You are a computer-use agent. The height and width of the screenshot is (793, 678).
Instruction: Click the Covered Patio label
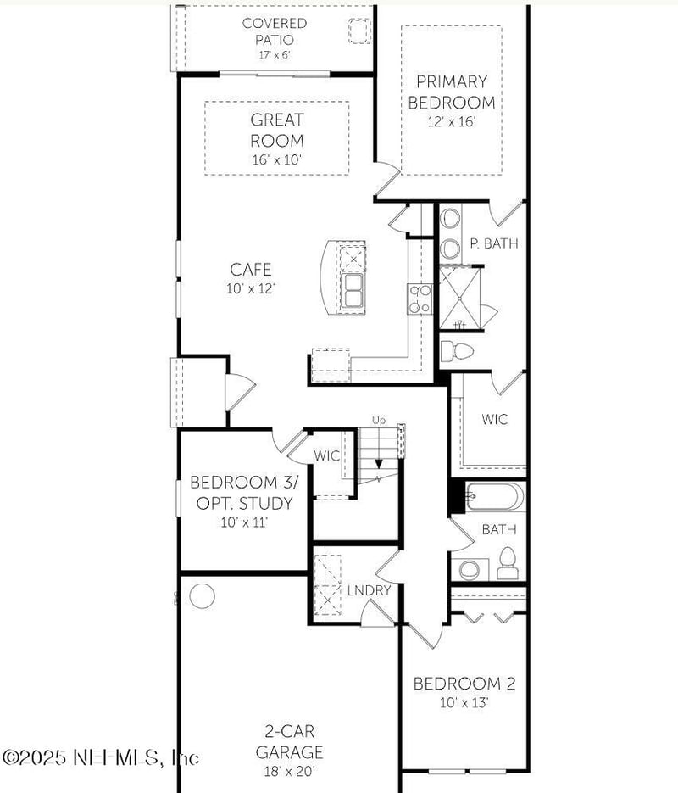click(x=275, y=31)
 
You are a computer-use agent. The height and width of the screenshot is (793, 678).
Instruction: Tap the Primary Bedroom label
click(x=451, y=92)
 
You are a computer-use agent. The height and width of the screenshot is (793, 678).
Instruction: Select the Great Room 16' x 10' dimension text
click(x=276, y=159)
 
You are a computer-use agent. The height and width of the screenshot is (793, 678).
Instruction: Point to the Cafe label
click(x=251, y=270)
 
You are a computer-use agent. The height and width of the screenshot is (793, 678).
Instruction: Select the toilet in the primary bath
click(x=458, y=349)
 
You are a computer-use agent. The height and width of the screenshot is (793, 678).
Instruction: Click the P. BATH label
click(x=493, y=243)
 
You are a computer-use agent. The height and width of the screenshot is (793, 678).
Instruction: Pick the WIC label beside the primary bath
click(x=495, y=419)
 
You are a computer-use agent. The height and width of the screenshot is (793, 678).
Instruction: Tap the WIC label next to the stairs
click(x=327, y=456)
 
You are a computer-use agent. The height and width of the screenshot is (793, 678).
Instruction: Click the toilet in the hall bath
click(x=507, y=562)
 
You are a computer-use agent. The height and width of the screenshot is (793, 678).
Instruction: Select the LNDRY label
click(x=370, y=590)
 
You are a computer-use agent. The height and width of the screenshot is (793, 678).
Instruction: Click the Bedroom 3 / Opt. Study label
click(x=243, y=493)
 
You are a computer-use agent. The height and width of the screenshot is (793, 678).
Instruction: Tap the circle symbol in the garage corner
click(x=202, y=596)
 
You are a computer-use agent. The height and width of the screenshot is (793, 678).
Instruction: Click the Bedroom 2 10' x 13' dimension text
click(x=464, y=702)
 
